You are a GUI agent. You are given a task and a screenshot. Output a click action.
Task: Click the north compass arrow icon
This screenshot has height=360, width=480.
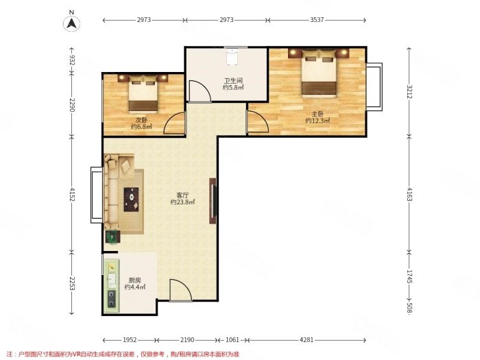(x=71, y=23)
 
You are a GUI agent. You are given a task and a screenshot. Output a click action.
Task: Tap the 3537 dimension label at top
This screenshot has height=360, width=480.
(x=317, y=20)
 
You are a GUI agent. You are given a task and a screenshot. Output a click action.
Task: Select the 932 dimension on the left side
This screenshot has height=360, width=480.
(x=72, y=60)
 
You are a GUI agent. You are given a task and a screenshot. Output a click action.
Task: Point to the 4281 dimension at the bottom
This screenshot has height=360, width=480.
(x=307, y=340)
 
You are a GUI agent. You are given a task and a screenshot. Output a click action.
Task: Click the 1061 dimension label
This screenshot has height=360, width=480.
(x=232, y=340)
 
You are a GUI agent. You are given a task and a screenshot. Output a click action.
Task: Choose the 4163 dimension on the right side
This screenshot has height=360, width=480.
(x=409, y=194)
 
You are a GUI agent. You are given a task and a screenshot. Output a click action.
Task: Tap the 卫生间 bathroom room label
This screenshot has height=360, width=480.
(x=233, y=81)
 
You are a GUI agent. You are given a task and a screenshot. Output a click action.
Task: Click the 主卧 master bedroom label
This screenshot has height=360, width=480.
(x=317, y=115)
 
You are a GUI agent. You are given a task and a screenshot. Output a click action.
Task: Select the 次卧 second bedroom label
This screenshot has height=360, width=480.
(x=141, y=120)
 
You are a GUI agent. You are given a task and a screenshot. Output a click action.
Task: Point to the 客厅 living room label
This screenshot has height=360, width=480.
(x=182, y=195)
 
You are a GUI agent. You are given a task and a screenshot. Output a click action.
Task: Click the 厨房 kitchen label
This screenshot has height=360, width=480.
(x=134, y=280)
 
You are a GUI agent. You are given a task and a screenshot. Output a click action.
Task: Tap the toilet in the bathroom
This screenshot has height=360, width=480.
(x=232, y=57)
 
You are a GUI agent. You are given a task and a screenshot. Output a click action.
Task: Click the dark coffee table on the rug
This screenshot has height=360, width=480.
(x=131, y=200)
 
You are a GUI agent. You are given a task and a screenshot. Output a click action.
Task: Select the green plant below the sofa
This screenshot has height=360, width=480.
(x=112, y=237)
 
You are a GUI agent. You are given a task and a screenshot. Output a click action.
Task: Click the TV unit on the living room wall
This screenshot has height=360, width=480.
(x=213, y=201)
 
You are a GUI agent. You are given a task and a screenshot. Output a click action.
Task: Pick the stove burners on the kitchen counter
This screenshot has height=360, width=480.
(x=111, y=298)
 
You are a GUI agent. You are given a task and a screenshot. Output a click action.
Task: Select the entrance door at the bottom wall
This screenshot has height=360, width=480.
(x=180, y=290)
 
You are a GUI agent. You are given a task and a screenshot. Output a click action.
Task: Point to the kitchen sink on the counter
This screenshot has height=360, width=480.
(x=112, y=279)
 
